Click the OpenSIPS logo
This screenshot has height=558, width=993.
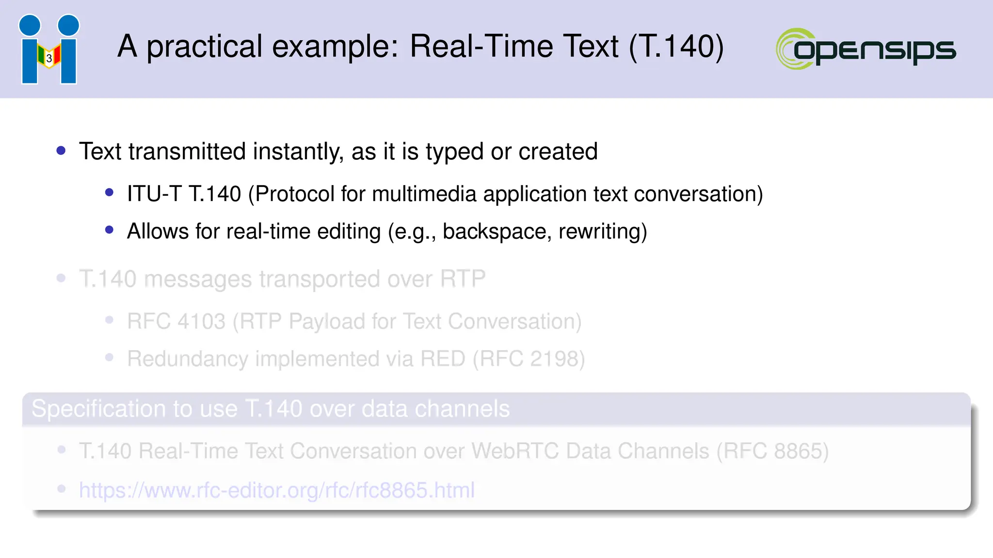[866, 49]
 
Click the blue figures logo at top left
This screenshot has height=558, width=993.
[49, 49]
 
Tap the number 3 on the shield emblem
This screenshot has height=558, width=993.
[49, 59]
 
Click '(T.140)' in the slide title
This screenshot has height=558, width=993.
[676, 47]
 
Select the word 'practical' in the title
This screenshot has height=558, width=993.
[204, 47]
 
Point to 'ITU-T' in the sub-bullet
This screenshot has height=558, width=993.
[154, 194]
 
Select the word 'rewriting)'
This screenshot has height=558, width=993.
[603, 232]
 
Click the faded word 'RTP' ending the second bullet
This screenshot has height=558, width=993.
[462, 279]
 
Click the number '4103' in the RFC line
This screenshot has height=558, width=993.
[201, 322]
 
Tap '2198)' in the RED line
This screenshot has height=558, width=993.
[557, 359]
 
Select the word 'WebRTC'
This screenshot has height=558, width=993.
[515, 451]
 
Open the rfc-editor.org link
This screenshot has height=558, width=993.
[276, 490]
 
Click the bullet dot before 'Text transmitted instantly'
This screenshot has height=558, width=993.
[61, 151]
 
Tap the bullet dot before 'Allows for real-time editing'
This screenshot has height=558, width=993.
[109, 230]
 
